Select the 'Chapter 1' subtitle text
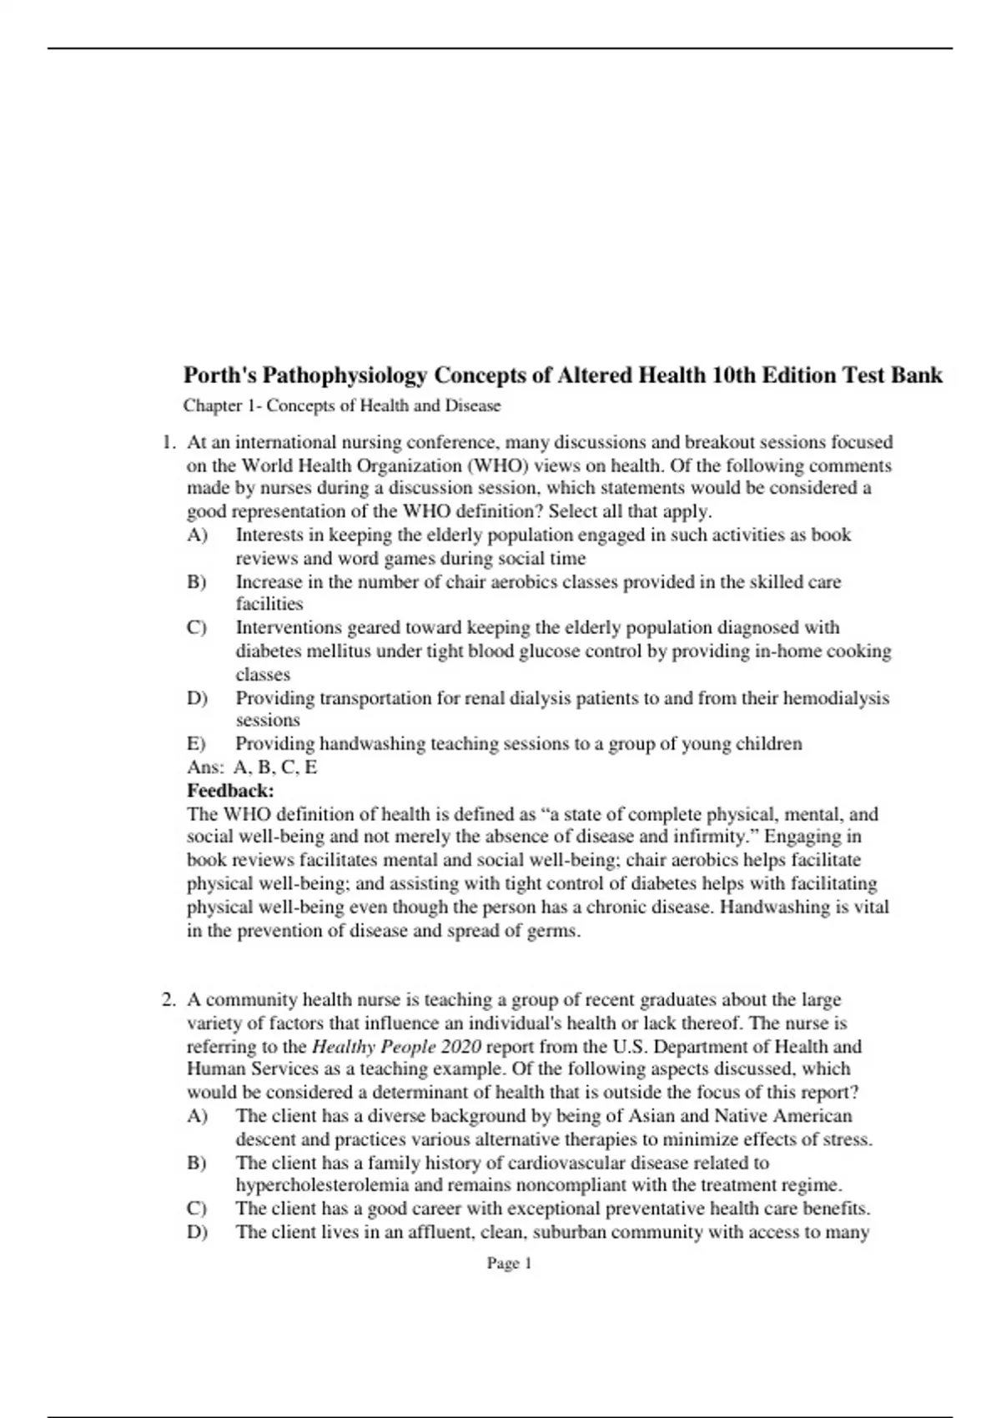click(x=342, y=406)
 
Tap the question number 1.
click(x=168, y=442)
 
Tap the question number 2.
click(x=168, y=999)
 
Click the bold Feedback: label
click(x=230, y=790)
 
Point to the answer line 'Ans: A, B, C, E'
click(x=252, y=767)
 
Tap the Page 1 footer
click(x=509, y=1264)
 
